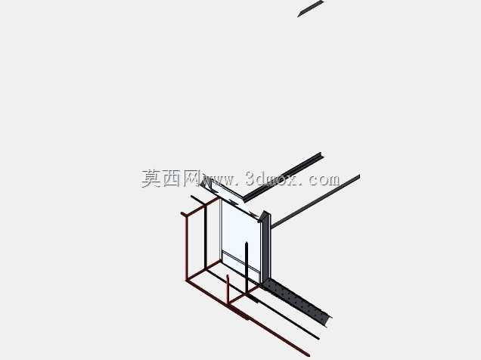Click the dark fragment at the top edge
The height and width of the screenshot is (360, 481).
pyautogui.click(x=310, y=8)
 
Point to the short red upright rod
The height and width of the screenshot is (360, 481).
pyautogui.click(x=228, y=291)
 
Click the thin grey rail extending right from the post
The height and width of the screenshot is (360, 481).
pyautogui.click(x=315, y=201)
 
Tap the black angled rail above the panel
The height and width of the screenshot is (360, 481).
pyautogui.click(x=283, y=177)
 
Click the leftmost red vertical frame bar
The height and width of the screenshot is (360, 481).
pyautogui.click(x=187, y=247)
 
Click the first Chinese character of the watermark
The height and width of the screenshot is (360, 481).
pyautogui.click(x=151, y=178)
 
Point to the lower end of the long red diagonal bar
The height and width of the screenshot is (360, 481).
pyautogui.click(x=308, y=355)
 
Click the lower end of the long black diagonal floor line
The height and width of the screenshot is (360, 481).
pyautogui.click(x=318, y=339)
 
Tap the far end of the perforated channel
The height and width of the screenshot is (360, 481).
pyautogui.click(x=329, y=320)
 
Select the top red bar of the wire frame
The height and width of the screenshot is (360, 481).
pyautogui.click(x=201, y=206)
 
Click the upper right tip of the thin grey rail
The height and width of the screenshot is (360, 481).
pyautogui.click(x=359, y=176)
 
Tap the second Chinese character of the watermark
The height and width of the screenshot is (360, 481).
pyautogui.click(x=172, y=178)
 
